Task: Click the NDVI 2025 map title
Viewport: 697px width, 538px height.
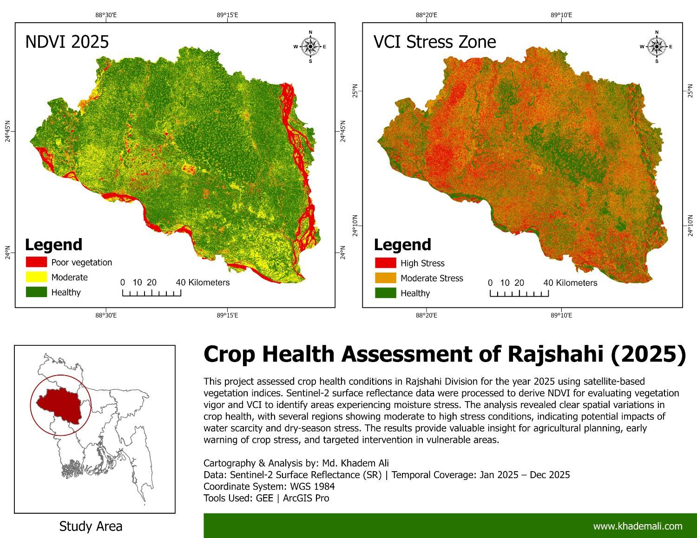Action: [67, 42]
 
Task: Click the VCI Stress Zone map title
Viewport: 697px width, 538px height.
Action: [434, 42]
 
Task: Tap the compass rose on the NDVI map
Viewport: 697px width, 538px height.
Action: [310, 46]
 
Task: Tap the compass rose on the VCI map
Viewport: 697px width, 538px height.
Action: [657, 46]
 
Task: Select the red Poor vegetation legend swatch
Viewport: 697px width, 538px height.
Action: [36, 262]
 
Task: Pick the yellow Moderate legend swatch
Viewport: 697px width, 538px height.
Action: [36, 277]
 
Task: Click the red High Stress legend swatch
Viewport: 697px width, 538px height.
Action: [385, 263]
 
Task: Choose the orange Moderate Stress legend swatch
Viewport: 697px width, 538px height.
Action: [385, 278]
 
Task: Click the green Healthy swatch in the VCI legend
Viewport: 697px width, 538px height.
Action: [385, 293]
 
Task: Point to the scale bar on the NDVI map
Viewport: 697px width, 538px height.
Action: [151, 292]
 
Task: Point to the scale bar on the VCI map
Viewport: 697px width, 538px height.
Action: [519, 293]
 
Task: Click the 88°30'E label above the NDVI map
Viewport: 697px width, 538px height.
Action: [106, 15]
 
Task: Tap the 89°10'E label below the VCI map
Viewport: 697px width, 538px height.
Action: [561, 316]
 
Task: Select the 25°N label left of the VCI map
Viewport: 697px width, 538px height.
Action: [355, 91]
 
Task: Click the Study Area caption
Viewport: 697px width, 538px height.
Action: [91, 526]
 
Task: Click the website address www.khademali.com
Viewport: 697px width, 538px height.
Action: [638, 526]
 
